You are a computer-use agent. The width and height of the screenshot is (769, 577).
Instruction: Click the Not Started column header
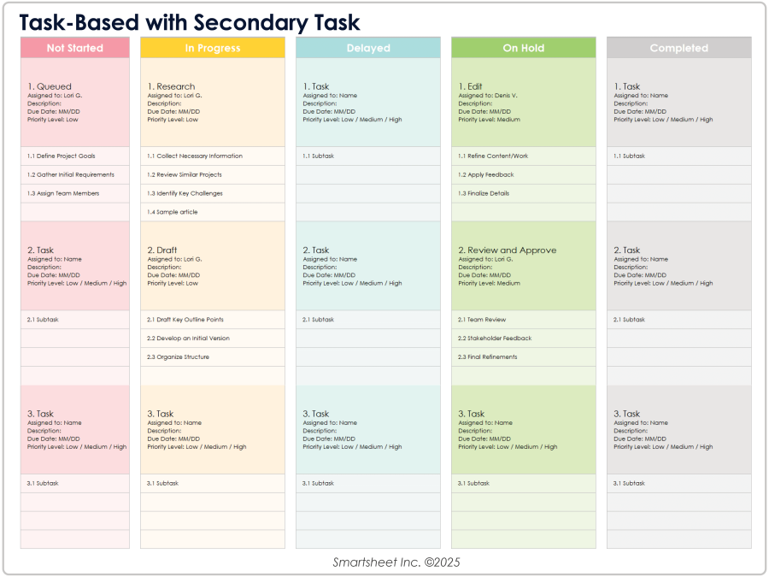[75, 49]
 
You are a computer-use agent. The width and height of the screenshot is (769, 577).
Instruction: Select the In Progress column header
[213, 49]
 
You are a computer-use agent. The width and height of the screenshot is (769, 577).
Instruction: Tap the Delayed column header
[368, 49]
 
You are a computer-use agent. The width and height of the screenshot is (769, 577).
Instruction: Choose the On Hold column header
[524, 49]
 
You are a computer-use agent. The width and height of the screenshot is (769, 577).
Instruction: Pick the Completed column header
[679, 49]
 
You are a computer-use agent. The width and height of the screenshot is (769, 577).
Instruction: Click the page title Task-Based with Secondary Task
[190, 22]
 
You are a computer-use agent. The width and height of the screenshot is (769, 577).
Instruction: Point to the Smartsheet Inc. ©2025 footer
[384, 562]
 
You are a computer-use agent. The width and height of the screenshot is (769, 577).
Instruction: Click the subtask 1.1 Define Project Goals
[62, 156]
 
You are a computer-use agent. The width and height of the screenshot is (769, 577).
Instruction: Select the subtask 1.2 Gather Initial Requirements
[70, 175]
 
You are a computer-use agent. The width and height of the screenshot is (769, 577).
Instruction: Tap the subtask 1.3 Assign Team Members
[63, 194]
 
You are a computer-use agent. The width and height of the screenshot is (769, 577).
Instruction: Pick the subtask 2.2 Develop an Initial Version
[188, 339]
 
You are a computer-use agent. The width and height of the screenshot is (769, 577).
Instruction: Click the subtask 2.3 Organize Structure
[178, 357]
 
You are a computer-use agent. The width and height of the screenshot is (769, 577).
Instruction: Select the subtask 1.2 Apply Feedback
[486, 175]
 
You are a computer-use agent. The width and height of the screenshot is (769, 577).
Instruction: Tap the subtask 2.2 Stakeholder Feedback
[493, 339]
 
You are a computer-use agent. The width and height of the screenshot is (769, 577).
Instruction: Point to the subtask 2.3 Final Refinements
[487, 357]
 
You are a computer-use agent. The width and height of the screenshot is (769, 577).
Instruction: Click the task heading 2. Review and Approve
[508, 250]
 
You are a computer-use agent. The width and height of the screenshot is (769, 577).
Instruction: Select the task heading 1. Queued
[50, 86]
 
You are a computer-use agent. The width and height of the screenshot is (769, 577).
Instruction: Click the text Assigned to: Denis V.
[488, 96]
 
